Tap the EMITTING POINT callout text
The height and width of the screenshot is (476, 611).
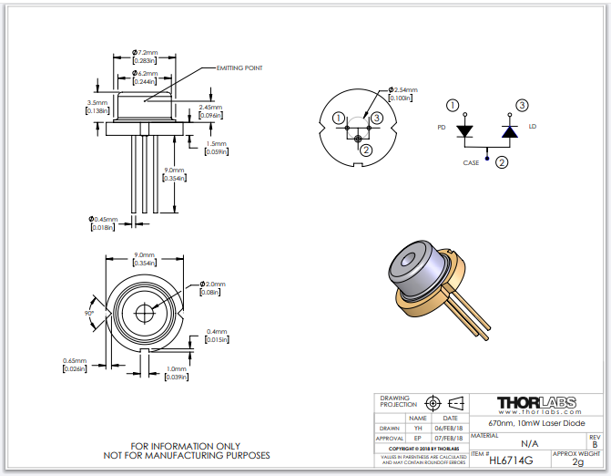pos(239,67)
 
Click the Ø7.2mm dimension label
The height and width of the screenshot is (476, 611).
pos(145,52)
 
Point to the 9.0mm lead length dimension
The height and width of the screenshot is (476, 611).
pos(174,170)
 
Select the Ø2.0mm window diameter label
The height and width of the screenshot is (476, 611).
pos(212,285)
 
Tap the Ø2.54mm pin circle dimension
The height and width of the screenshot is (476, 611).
pos(402,90)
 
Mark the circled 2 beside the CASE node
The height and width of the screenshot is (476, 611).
pos(501,162)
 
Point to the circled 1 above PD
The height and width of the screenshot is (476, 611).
pos(453,106)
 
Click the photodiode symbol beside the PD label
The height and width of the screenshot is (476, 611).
pos(465,131)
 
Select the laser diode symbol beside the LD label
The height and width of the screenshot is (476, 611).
pos(510,131)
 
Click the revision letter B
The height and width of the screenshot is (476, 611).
pos(595,444)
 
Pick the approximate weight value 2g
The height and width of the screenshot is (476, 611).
pos(577,462)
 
